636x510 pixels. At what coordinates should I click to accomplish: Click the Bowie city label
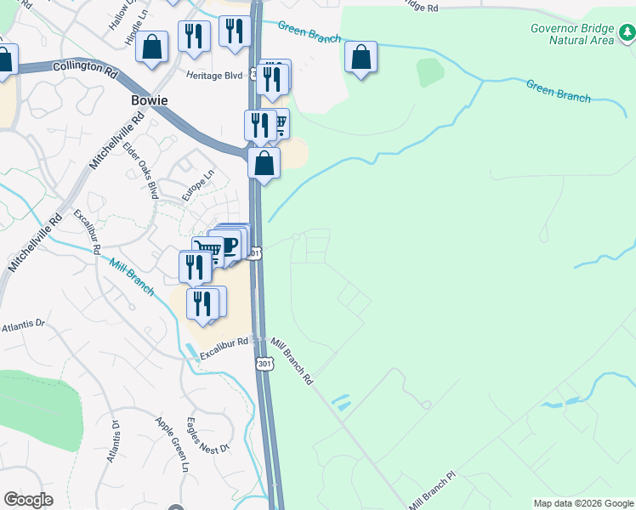pyautogui.click(x=149, y=100)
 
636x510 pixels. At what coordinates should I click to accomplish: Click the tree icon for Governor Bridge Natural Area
pyautogui.click(x=625, y=31)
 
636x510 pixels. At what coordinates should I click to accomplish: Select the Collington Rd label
pyautogui.click(x=85, y=66)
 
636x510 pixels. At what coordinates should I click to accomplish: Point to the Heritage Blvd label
pyautogui.click(x=215, y=75)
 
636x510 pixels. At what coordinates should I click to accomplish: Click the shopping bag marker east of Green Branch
pyautogui.click(x=361, y=58)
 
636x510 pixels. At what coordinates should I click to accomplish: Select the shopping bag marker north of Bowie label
pyautogui.click(x=152, y=48)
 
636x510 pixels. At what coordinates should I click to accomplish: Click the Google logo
pyautogui.click(x=28, y=500)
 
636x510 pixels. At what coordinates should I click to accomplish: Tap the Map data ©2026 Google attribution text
pyautogui.click(x=583, y=503)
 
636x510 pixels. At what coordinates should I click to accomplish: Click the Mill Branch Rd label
pyautogui.click(x=292, y=361)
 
